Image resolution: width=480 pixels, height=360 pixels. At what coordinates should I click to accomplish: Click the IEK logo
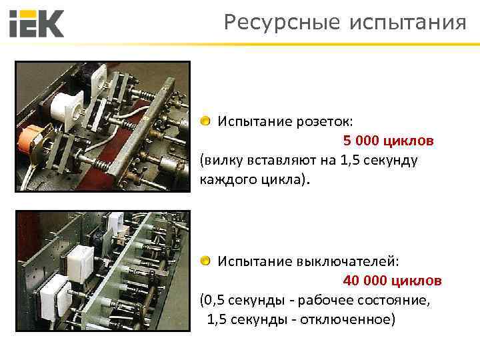coord(37,24)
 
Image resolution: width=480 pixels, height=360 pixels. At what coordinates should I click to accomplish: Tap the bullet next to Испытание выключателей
coord(206,260)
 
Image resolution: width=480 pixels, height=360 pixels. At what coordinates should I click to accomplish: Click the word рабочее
coord(327,300)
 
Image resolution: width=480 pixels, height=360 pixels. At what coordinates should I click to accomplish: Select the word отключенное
coord(347,319)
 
